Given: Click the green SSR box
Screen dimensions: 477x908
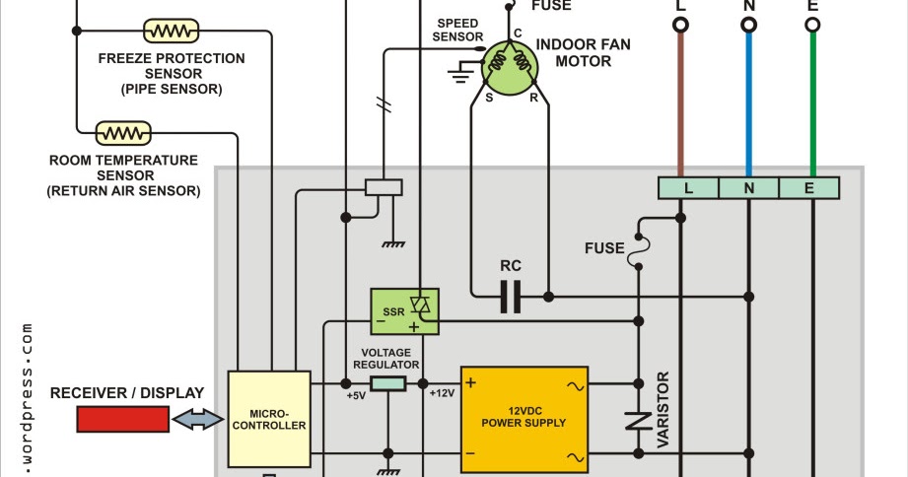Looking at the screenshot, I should [404, 310].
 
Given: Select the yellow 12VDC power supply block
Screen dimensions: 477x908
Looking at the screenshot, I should [524, 420].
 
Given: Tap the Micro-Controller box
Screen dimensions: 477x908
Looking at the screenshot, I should [269, 419].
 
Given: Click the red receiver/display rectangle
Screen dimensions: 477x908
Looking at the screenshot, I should [122, 419].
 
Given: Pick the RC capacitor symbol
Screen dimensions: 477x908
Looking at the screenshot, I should [510, 296].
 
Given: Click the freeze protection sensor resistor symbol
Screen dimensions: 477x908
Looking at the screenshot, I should [173, 32].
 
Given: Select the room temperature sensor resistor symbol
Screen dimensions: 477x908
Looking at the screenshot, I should [123, 131].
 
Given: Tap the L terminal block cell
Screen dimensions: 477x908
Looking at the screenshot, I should [687, 187].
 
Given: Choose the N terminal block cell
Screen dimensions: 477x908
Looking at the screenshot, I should [748, 187].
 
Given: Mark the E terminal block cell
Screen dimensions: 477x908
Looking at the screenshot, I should [809, 187].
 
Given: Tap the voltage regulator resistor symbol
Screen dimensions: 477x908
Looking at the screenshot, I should [388, 383].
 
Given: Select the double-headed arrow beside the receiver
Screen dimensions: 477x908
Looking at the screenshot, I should [198, 420].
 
